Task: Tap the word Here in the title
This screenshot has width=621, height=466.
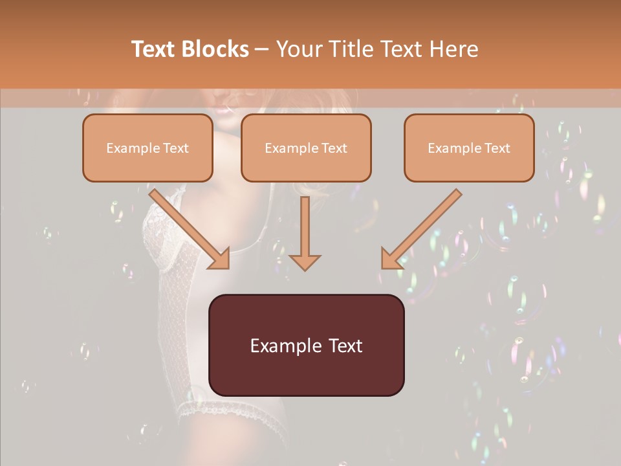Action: pyautogui.click(x=452, y=49)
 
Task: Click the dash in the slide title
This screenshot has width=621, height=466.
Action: pyautogui.click(x=262, y=50)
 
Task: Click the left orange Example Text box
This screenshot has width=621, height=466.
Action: pyautogui.click(x=147, y=148)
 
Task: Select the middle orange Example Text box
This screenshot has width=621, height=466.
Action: pyautogui.click(x=306, y=148)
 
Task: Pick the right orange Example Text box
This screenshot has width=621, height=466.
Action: pyautogui.click(x=469, y=148)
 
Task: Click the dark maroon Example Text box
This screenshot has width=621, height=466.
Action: pyautogui.click(x=306, y=345)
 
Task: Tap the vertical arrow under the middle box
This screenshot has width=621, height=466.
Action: pyautogui.click(x=305, y=233)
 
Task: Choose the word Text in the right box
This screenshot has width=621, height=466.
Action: pyautogui.click(x=497, y=148)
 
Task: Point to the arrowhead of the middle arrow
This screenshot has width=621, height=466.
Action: pyautogui.click(x=305, y=262)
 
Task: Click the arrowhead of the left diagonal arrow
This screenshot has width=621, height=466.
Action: pyautogui.click(x=221, y=259)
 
